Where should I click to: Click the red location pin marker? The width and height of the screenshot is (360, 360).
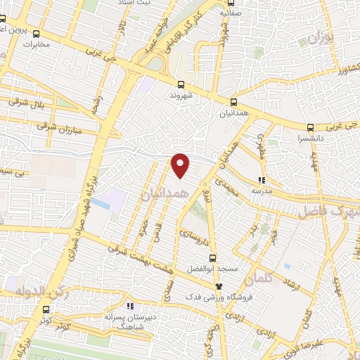pyautogui.click(x=181, y=165)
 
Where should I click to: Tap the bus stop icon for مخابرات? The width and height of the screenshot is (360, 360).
pyautogui.click(x=37, y=32)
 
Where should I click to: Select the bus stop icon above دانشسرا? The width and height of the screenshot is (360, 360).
pyautogui.click(x=311, y=129)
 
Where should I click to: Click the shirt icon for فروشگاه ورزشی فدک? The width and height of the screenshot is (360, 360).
pyautogui.click(x=219, y=285)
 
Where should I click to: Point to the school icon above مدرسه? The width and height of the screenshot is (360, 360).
pyautogui.click(x=261, y=179)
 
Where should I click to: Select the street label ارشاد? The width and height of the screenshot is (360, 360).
pyautogui.click(x=288, y=285)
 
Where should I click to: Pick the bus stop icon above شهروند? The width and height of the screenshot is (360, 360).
pyautogui.click(x=181, y=84)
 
